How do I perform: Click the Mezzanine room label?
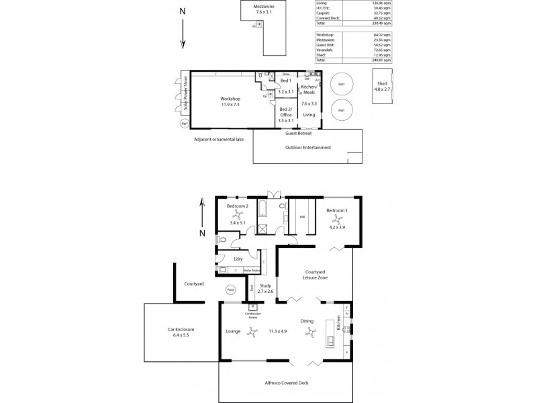point(263,9)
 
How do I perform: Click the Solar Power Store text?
point(186,95)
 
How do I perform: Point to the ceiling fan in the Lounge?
point(251,330)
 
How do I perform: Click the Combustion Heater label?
point(253,316)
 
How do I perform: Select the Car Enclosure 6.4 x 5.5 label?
point(181,332)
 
